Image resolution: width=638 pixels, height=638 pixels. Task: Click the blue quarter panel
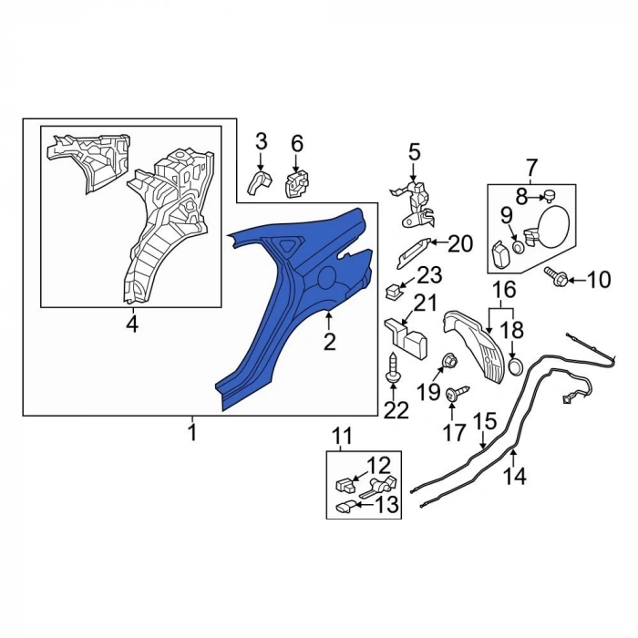(x=284, y=309)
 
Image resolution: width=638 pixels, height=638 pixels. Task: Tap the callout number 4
(x=132, y=324)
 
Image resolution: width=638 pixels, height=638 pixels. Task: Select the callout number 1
(x=193, y=432)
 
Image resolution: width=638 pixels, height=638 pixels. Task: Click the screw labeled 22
(x=393, y=367)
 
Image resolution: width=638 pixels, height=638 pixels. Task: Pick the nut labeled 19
(x=449, y=360)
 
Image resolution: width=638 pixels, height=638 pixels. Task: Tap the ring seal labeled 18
(x=515, y=366)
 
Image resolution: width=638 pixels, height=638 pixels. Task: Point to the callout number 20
(x=460, y=244)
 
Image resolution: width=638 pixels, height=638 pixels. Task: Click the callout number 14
(x=516, y=475)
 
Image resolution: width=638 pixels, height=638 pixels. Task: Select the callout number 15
(x=485, y=421)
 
